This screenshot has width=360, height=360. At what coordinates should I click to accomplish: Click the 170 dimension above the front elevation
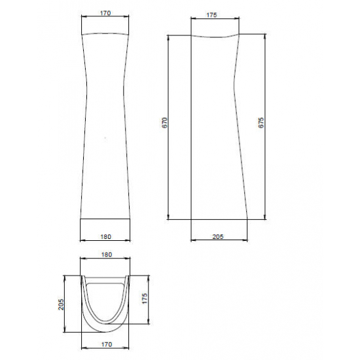click(x=105, y=13)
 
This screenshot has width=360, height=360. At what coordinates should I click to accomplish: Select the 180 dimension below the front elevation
click(x=105, y=236)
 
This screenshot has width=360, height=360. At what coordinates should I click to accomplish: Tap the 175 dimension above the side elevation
click(x=211, y=15)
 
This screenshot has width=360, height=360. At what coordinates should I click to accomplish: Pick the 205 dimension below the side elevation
click(x=218, y=236)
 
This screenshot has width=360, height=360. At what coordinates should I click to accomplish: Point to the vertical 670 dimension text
click(x=166, y=123)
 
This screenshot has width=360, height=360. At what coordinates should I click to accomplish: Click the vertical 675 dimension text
click(x=261, y=123)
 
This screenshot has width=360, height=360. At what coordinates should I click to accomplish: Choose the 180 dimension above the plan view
click(x=107, y=255)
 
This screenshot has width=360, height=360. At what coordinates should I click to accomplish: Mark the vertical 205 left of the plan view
click(x=61, y=304)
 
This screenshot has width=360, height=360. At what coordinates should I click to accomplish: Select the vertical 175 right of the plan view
click(x=145, y=298)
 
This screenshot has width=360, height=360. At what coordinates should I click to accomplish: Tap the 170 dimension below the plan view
click(x=107, y=344)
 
